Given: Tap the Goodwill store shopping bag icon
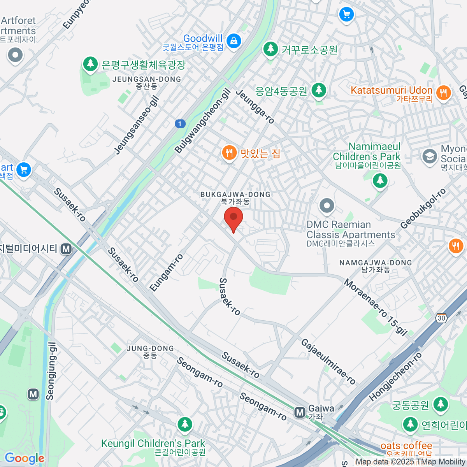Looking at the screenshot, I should pos(234,40).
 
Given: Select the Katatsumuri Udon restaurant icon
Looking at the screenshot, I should pos(443,93).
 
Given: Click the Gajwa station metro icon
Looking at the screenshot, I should pos(300,412).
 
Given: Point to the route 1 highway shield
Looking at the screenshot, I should pos(180,124).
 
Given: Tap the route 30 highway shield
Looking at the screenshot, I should pos(441,318).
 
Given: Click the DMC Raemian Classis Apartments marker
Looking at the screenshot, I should pos(327,205).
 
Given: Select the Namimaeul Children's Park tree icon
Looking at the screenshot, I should pos(380,180).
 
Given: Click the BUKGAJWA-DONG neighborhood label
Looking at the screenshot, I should pos(235,194).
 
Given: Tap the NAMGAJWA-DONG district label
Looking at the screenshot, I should pos(376,263).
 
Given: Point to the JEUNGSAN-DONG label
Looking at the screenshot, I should pos(147,79).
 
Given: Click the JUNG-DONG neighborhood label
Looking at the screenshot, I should pos(150,348).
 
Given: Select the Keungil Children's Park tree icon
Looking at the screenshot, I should pos(185,424).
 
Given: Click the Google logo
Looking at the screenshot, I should pos(24,458).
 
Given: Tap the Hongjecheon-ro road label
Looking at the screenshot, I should pos(395,377).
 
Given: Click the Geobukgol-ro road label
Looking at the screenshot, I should pos(423,209).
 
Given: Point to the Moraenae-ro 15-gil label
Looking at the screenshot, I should pos(375,307).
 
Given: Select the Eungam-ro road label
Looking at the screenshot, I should pos(167,272).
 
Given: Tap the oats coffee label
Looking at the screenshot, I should pos(406,446).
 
